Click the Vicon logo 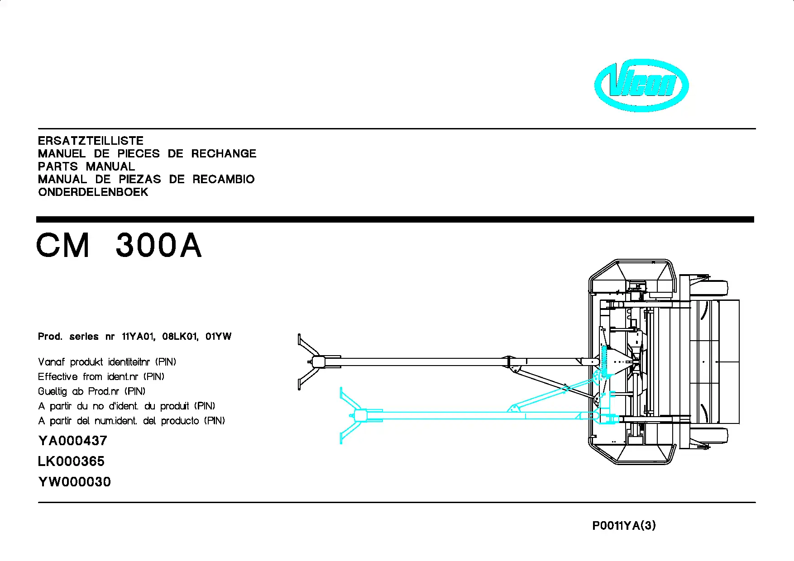[x=641, y=85]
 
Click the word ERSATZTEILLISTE [x=91, y=141]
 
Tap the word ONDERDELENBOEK [x=93, y=192]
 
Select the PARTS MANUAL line [x=86, y=166]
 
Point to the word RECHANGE [x=224, y=154]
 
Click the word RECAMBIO [x=224, y=179]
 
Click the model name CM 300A [x=119, y=246]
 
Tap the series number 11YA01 [x=139, y=337]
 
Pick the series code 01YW [x=218, y=337]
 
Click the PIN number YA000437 [x=73, y=441]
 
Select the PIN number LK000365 [x=71, y=461]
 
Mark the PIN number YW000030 [x=75, y=482]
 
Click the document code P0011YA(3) [x=624, y=526]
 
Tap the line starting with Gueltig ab [x=92, y=391]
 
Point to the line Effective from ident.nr [x=101, y=376]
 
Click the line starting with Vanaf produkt [x=107, y=362]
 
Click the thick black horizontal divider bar [x=395, y=219]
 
